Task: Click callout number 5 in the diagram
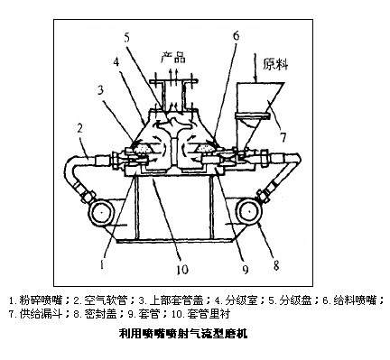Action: coord(127,38)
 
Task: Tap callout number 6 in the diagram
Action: coord(237,35)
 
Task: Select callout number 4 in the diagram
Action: coord(116,61)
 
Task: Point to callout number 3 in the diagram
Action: coord(101,89)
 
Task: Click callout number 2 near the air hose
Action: coord(79,128)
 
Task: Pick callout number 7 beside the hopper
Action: coord(283,137)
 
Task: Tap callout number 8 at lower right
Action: coord(276,265)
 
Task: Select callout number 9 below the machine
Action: coord(246,269)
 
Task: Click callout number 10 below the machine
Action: coord(182,269)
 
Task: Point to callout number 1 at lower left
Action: coord(102,264)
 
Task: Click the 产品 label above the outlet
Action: coord(172,57)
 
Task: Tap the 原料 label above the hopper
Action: coord(275,64)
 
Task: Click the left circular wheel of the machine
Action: coord(101,213)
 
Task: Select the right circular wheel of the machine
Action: coord(249,212)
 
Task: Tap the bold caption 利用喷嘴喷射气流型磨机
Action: coord(183,334)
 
